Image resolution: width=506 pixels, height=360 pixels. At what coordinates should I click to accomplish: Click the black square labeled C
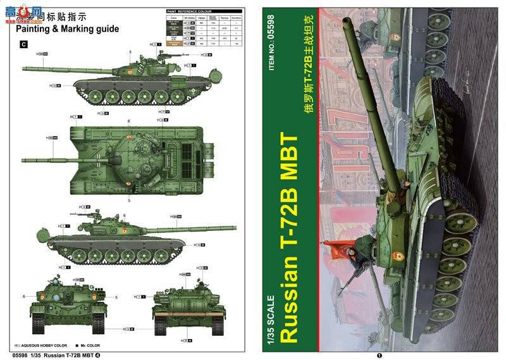pyautogui.click(x=24, y=44)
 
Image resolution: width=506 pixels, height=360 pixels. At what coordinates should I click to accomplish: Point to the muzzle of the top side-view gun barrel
pyautogui.click(x=24, y=66)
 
